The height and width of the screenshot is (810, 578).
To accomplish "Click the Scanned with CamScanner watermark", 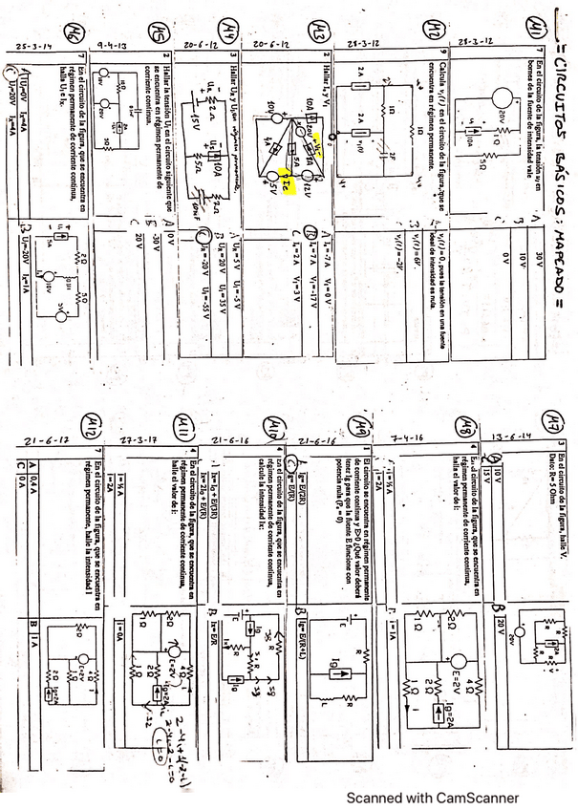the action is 432,798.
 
